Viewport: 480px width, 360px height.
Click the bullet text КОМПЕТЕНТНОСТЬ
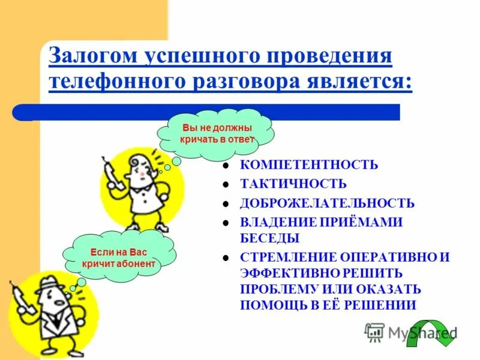click(x=309, y=165)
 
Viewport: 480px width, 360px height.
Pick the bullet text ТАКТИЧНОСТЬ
click(x=293, y=184)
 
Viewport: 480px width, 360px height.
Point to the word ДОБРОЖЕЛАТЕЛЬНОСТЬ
click(x=327, y=203)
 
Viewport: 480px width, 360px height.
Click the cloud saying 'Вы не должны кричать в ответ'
click(x=217, y=134)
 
